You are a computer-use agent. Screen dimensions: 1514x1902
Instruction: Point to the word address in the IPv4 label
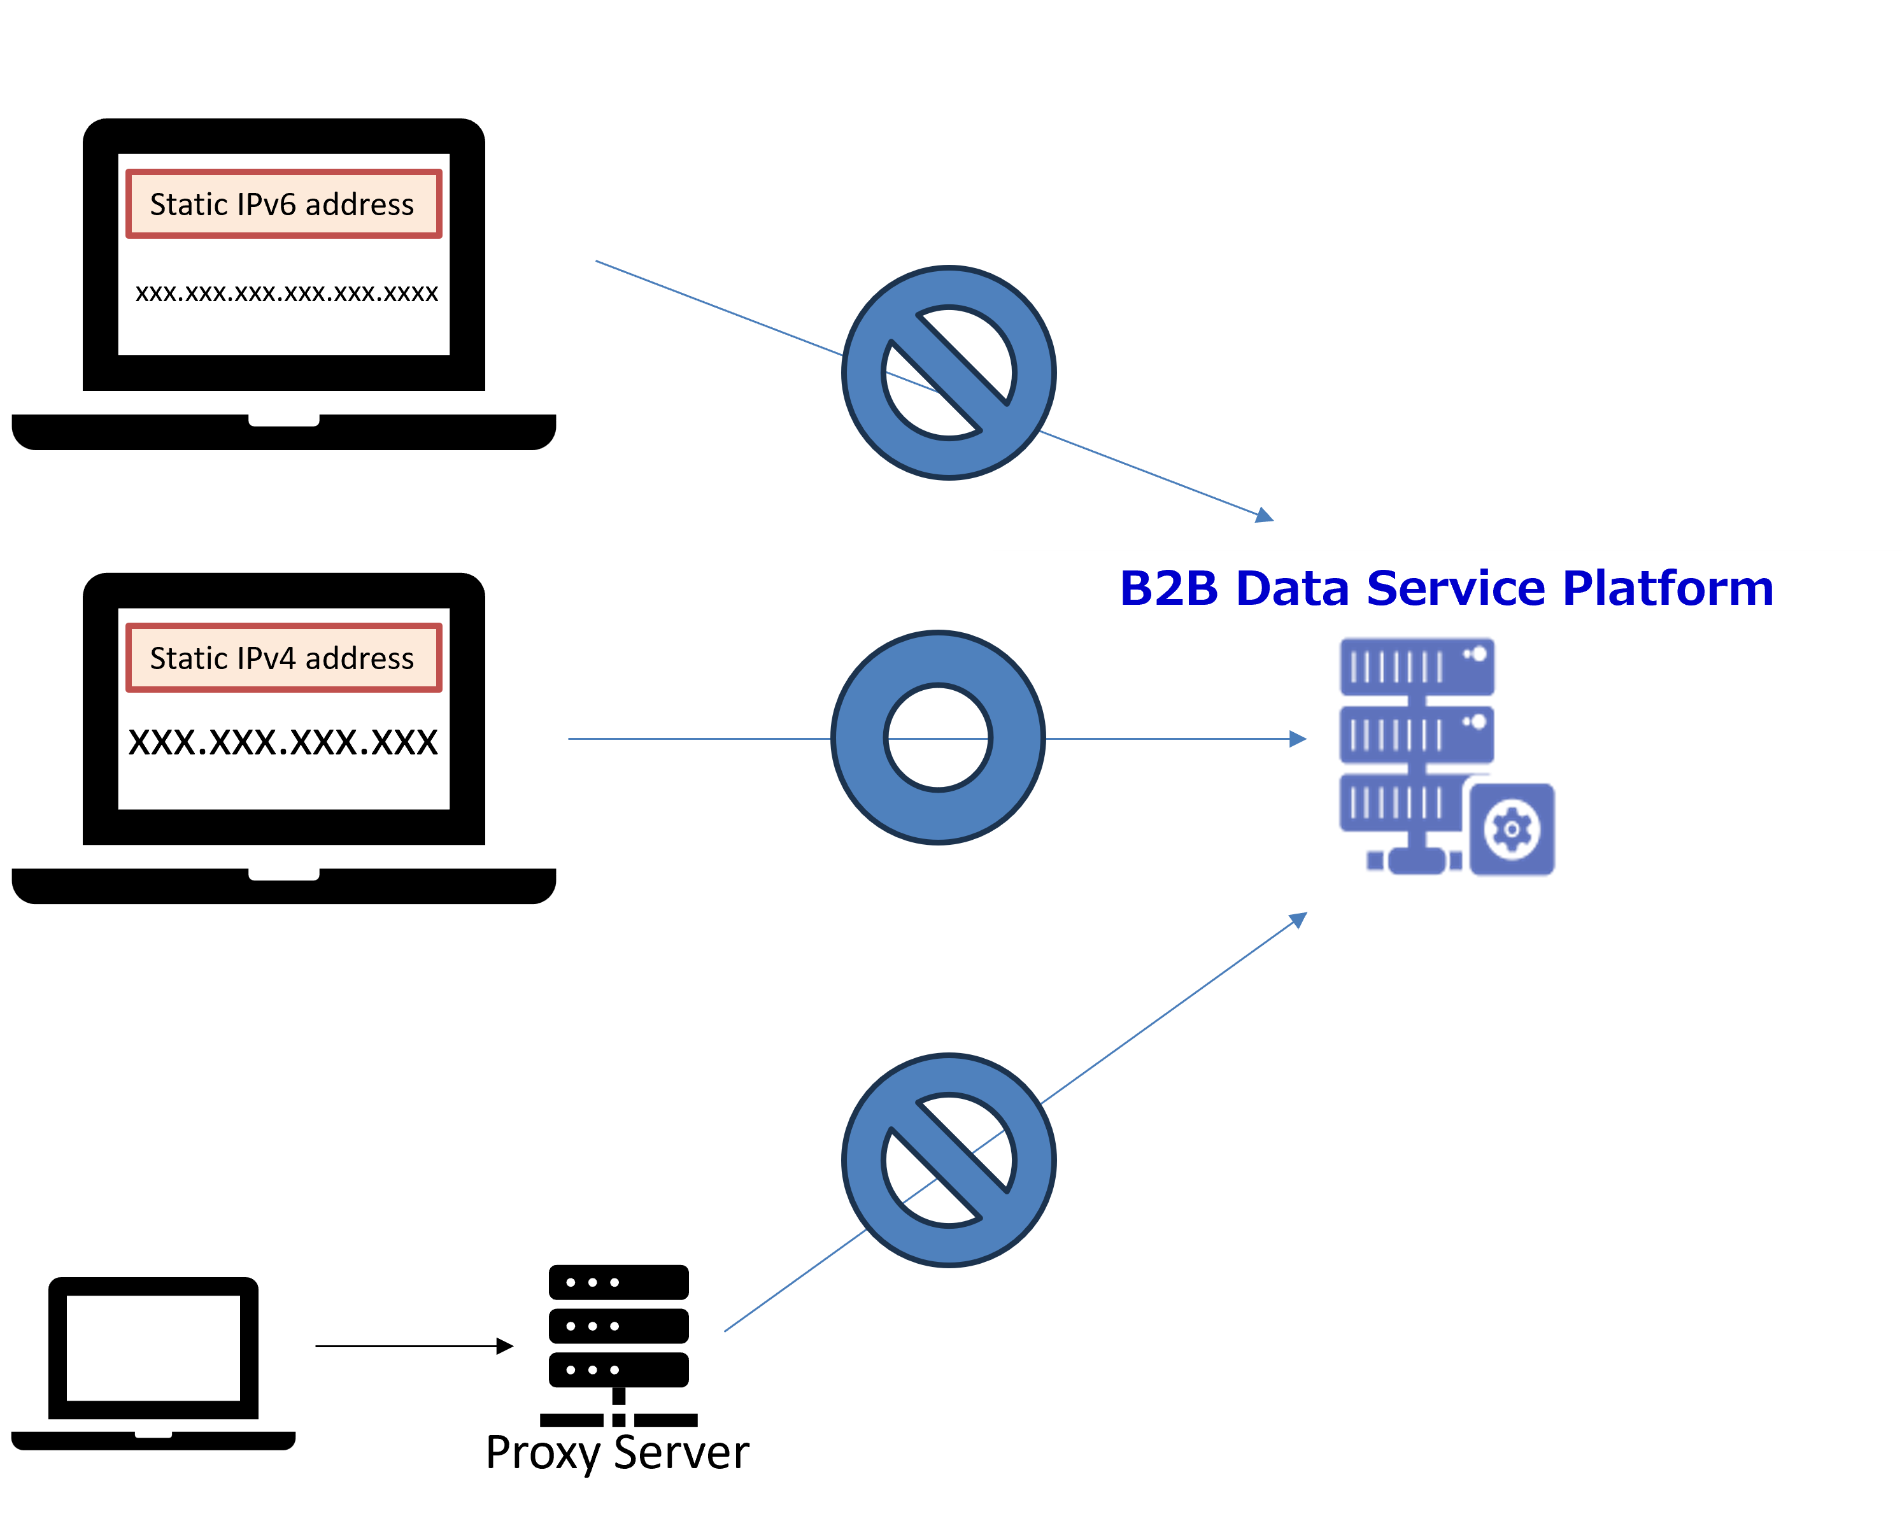point(359,658)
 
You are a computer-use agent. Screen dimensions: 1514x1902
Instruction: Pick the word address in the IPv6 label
point(359,205)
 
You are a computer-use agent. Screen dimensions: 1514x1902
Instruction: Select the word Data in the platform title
point(1293,588)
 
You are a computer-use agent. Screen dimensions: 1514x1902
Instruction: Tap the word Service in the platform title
point(1456,588)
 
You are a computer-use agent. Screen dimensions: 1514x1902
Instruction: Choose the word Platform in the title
point(1667,588)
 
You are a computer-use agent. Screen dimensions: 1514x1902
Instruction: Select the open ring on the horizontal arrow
point(938,738)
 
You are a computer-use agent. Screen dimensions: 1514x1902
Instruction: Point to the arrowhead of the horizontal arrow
point(1298,739)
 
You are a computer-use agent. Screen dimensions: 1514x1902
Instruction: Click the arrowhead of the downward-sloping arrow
point(1266,515)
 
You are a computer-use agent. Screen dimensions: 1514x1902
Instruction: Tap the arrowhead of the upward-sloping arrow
point(1298,919)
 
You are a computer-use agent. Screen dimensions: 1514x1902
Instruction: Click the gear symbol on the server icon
point(1512,830)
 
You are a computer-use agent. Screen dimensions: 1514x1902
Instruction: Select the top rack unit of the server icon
point(1417,666)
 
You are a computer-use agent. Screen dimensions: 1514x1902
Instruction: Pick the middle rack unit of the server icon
point(1416,734)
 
